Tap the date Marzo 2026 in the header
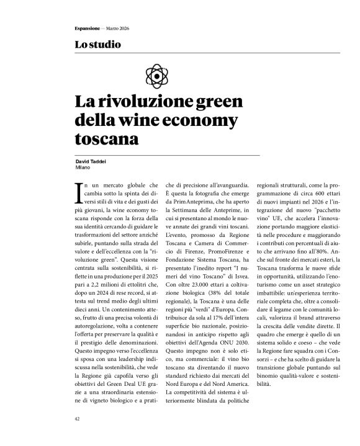116,29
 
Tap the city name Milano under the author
83,167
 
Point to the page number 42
77,419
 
